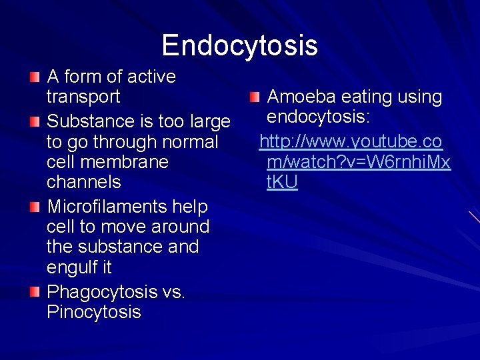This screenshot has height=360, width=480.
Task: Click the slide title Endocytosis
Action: (x=239, y=45)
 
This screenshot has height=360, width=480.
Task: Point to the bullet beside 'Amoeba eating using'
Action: (x=255, y=97)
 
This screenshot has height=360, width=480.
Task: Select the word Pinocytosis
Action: (x=94, y=312)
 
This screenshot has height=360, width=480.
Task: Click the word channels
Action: (x=84, y=182)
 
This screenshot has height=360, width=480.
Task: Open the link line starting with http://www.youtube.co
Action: (x=351, y=142)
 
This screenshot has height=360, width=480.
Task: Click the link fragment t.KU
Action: (x=282, y=182)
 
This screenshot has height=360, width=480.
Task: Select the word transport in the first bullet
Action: (x=83, y=97)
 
